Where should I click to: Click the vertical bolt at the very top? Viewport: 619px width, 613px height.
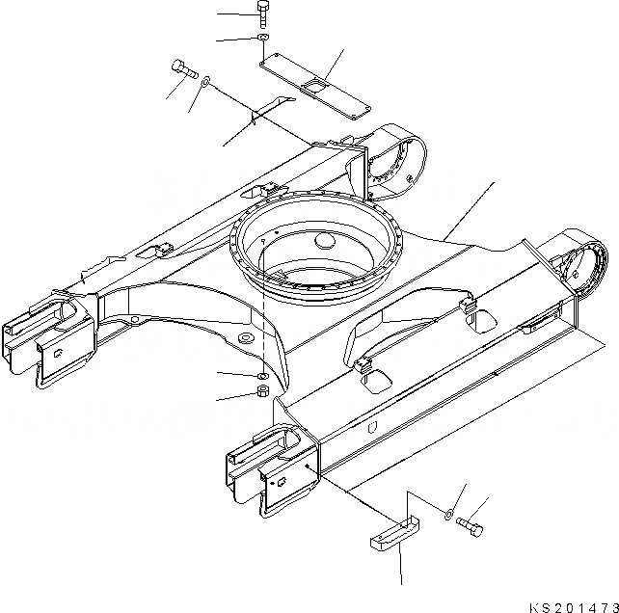(263, 13)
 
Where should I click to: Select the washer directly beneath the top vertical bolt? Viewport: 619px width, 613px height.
(263, 38)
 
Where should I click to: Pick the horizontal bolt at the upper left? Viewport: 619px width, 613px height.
(183, 68)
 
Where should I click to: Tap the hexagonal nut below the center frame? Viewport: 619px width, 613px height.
(262, 392)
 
